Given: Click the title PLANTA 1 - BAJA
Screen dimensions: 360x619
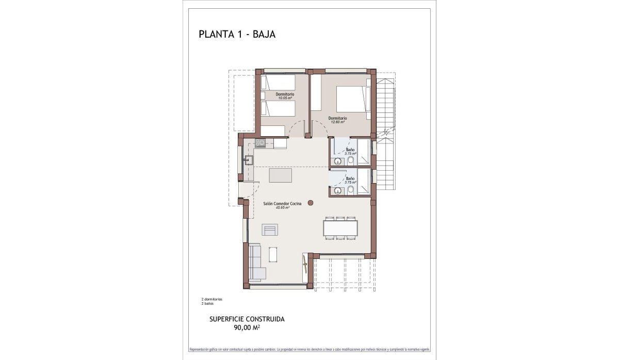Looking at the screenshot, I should click(237, 35).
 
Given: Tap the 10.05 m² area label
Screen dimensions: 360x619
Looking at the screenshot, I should click(285, 98).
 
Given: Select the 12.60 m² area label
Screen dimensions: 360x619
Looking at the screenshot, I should click(337, 122).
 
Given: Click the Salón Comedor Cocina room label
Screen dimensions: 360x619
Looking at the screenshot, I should click(282, 205).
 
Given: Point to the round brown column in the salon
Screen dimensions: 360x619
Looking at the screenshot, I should click(311, 203).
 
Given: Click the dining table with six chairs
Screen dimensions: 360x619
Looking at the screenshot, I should click(340, 228).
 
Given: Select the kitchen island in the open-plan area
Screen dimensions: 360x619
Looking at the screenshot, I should click(280, 175).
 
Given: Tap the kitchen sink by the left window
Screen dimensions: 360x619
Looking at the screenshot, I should click(249, 160).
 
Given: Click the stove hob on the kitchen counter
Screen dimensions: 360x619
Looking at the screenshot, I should click(259, 143).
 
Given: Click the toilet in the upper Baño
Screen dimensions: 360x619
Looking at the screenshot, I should click(351, 161).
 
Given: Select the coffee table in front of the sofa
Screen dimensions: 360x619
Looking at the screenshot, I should click(273, 254).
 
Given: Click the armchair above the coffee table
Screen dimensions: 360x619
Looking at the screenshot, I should click(270, 230).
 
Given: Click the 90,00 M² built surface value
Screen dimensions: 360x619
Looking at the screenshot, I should click(247, 326).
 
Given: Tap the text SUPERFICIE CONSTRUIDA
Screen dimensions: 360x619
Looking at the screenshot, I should click(247, 319).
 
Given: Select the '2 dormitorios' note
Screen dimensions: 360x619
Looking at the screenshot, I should click(211, 299).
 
